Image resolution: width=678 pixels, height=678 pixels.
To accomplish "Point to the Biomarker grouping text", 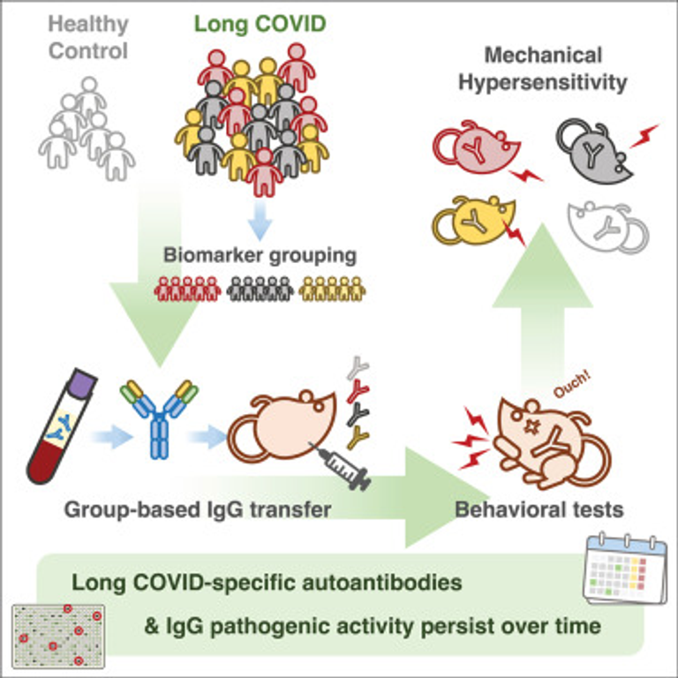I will point(260,256).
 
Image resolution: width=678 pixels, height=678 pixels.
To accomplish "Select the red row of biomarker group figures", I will point(186,289).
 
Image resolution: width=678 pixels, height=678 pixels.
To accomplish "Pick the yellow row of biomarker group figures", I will point(331,289).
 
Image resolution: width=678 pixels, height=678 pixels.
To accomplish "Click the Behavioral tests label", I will point(539,509).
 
